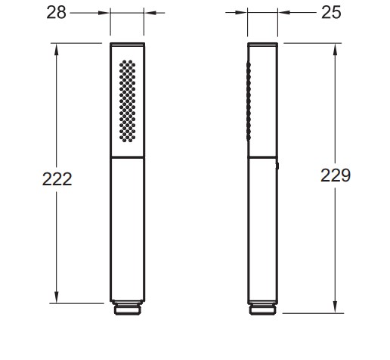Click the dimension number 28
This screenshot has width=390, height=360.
pyautogui.click(x=56, y=12)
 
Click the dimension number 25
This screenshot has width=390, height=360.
pyautogui.click(x=331, y=12)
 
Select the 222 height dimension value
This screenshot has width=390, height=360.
pyautogui.click(x=57, y=179)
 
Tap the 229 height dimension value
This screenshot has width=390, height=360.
pyautogui.click(x=336, y=175)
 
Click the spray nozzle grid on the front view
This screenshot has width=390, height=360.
pyautogui.click(x=127, y=101)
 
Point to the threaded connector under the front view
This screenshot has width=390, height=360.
pyautogui.click(x=128, y=308)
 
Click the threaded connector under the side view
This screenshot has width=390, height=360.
pyautogui.click(x=262, y=309)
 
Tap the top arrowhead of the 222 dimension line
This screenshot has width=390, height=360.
pyautogui.click(x=56, y=49)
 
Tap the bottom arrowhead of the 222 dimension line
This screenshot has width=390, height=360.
pyautogui.click(x=56, y=297)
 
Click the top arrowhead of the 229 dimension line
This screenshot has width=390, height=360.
pyautogui.click(x=335, y=49)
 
